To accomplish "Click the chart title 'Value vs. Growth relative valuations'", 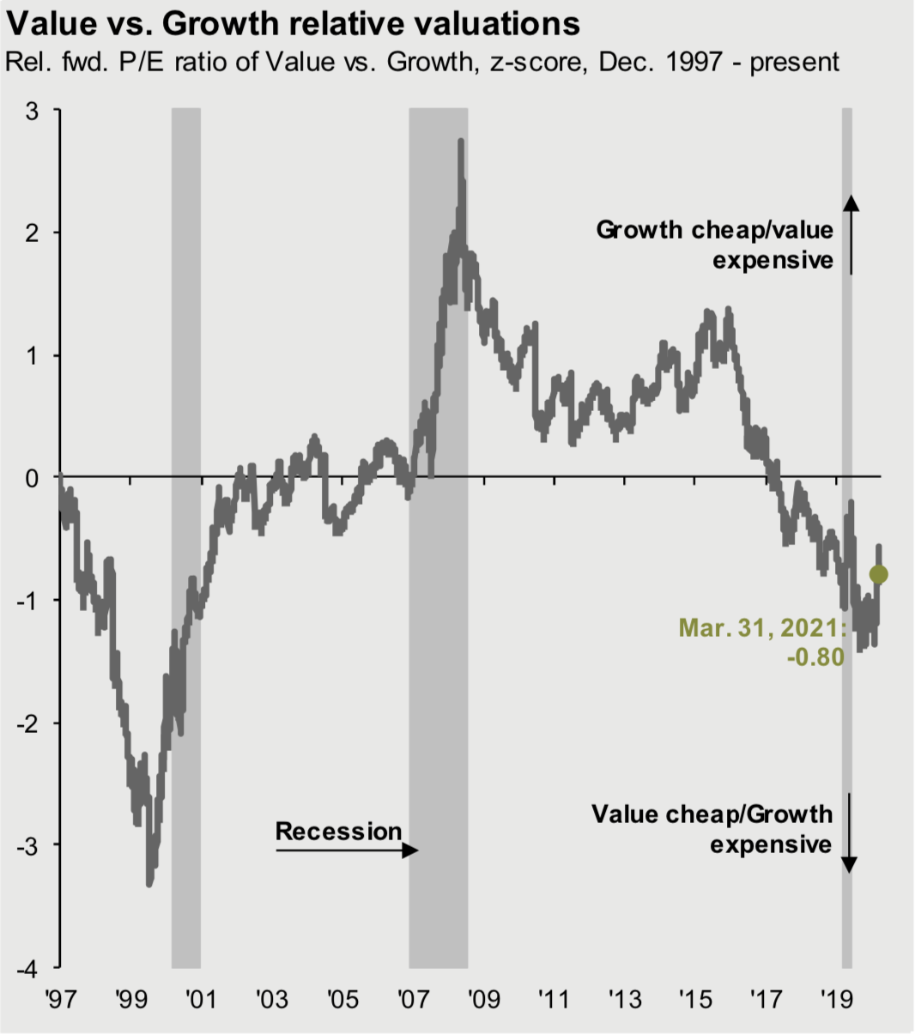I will point(293,23).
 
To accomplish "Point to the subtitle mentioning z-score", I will point(421,63).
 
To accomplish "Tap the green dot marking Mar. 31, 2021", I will point(878,574).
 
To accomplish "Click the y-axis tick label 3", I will point(32,111).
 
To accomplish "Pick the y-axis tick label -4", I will point(27,967).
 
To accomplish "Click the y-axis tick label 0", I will point(32,478).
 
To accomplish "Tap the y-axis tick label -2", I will point(27,723).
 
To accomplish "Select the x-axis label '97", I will point(59,999).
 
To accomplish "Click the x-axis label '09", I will point(483,999).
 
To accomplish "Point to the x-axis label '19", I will point(836,999).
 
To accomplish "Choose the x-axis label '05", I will point(342,999).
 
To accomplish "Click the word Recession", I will point(338,831).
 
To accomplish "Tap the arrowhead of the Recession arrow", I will point(411,850).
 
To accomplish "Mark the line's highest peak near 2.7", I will point(461,141).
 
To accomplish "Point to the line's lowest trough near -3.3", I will point(149,884).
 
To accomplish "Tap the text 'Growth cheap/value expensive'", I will point(714,245).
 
